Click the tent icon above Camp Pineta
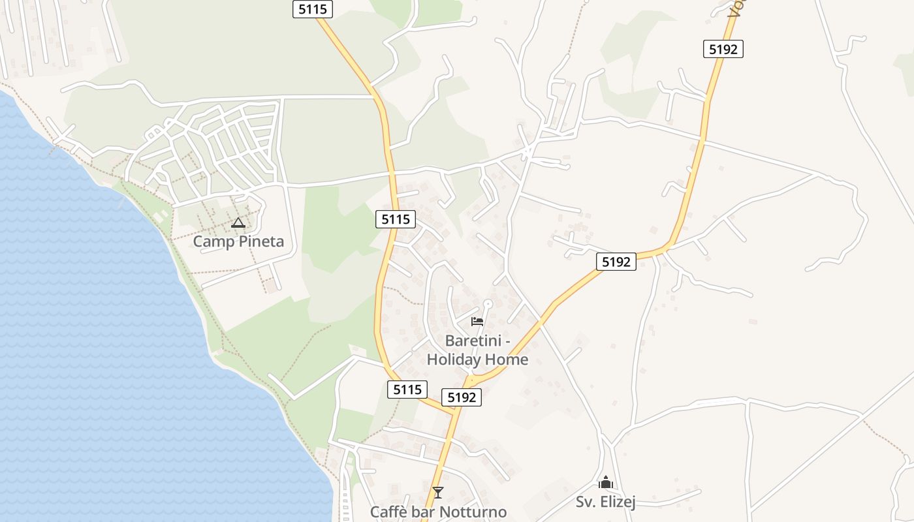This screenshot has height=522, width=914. coord(238,223)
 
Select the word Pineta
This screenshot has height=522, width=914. coord(260,241)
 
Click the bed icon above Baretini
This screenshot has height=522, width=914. coord(477,322)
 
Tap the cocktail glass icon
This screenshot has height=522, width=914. coord(437,492)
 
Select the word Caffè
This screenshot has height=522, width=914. coord(390,512)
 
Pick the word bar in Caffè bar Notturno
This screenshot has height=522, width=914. coord(426,512)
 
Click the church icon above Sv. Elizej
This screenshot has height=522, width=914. coord(606,483)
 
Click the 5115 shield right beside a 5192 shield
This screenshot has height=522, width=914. coord(407,390)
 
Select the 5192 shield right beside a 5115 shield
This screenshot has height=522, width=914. coord(462,397)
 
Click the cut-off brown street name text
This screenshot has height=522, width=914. coord(737,7)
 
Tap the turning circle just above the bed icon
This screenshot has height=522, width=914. coord(487,303)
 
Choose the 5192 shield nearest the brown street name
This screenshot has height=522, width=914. coord(723,49)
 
